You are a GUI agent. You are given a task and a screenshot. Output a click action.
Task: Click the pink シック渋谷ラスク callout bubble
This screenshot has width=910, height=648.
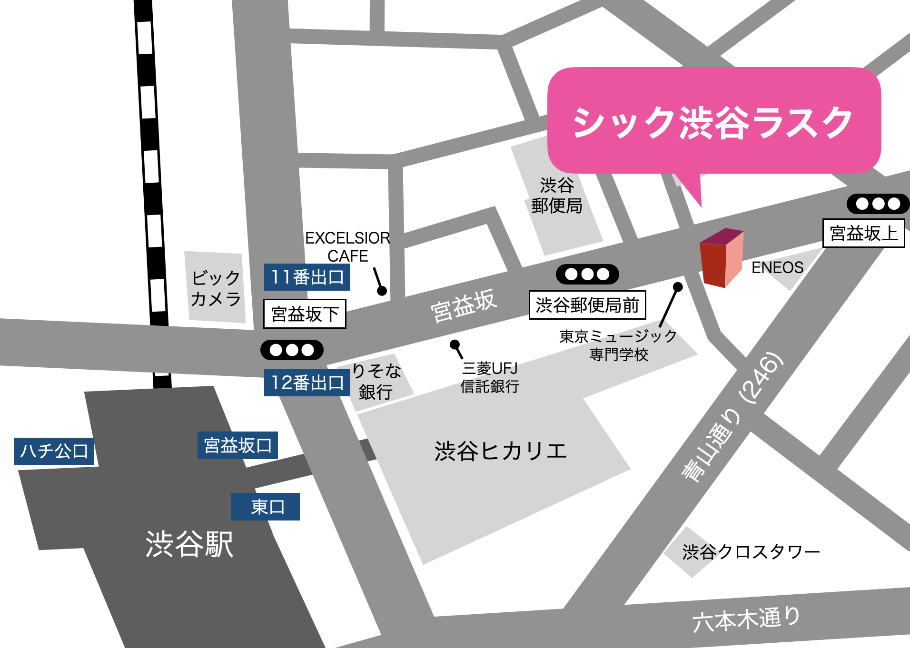pyautogui.click(x=714, y=121)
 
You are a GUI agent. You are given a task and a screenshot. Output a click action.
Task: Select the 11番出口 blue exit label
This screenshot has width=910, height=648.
pyautogui.click(x=307, y=277)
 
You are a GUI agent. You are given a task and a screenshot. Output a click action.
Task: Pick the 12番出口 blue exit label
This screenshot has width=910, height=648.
pyautogui.click(x=307, y=383)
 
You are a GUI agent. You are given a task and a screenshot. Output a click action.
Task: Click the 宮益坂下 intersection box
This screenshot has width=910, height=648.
pyautogui.click(x=305, y=314)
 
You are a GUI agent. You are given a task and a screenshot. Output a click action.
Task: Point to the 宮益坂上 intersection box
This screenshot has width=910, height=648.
pyautogui.click(x=863, y=233)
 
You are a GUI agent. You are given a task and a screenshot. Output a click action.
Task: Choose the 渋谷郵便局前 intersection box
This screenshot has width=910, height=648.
pyautogui.click(x=587, y=305)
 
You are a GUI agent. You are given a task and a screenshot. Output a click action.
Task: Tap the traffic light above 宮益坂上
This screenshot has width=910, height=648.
pyautogui.click(x=878, y=204)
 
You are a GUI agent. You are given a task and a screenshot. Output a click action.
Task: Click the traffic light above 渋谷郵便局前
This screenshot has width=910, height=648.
pyautogui.click(x=587, y=274)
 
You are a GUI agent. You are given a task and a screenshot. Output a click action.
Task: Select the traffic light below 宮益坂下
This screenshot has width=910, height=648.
pyautogui.click(x=292, y=350)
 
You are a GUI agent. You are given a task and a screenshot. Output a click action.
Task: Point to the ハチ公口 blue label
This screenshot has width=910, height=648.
pyautogui.click(x=54, y=451)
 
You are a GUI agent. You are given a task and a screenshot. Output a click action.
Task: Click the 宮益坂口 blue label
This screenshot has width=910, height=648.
pyautogui.click(x=237, y=445)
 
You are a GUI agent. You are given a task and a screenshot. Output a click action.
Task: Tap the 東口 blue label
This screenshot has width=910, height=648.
pyautogui.click(x=265, y=507)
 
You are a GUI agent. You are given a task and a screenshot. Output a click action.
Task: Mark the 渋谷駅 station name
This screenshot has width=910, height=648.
pyautogui.click(x=189, y=544)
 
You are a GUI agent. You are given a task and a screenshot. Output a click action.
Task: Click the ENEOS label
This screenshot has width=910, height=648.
pyautogui.click(x=777, y=267)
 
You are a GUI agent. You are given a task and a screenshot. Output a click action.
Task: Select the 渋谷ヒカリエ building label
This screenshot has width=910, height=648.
pyautogui.click(x=501, y=451)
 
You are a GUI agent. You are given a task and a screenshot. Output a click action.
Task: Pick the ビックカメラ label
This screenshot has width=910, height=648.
pyautogui.click(x=216, y=288)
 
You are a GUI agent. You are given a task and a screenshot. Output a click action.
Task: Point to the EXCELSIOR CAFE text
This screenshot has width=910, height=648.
pyautogui.click(x=347, y=246)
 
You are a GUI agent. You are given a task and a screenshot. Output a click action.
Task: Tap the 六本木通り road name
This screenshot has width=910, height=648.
pyautogui.click(x=746, y=619)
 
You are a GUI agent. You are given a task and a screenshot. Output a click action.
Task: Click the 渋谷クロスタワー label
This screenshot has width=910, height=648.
pyautogui.click(x=751, y=552)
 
